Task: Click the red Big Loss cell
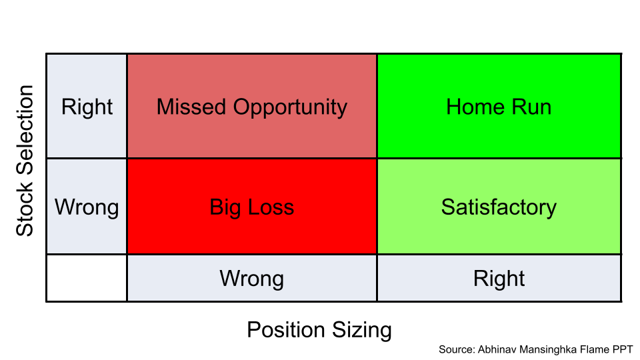(251, 207)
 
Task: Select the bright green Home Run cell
(499, 107)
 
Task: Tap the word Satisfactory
(499, 207)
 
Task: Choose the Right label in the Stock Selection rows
(87, 107)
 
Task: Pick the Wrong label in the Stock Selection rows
(87, 207)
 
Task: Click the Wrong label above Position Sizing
(251, 278)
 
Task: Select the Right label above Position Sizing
(499, 278)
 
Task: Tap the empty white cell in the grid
(87, 278)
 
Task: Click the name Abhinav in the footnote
(496, 349)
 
